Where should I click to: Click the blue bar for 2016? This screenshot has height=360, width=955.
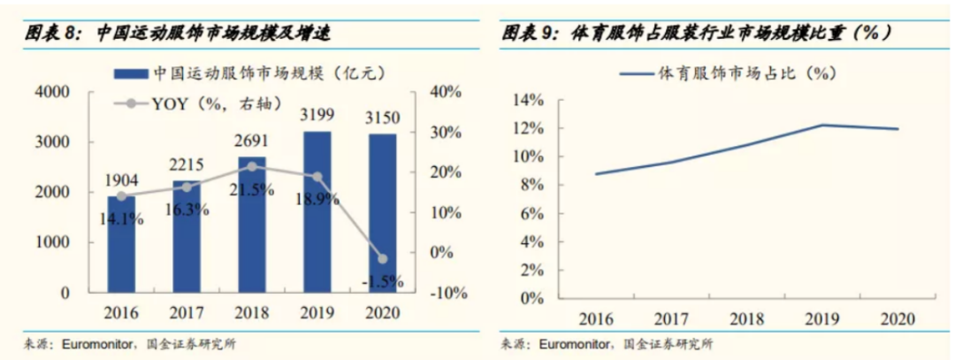pos(122,244)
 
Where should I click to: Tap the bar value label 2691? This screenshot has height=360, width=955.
pos(251,140)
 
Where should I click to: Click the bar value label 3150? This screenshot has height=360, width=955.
pos(382,117)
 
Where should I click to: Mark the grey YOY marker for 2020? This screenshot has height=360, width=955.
pos(382,258)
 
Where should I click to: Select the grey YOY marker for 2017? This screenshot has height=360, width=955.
pos(187,187)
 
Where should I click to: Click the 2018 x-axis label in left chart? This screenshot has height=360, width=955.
pos(251,313)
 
